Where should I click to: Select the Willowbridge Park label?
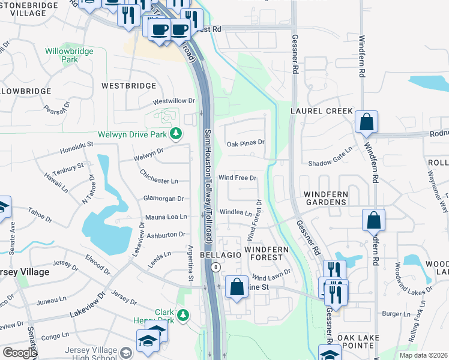70,55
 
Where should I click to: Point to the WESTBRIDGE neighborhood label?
128,86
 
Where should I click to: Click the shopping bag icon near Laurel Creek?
366,122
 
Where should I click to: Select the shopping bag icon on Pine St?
237,287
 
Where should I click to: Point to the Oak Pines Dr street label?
246,143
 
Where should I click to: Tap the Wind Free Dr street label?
237,178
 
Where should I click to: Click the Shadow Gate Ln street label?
329,163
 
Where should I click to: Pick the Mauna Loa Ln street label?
166,217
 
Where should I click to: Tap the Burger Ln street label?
395,314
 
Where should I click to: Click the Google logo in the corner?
20,353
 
